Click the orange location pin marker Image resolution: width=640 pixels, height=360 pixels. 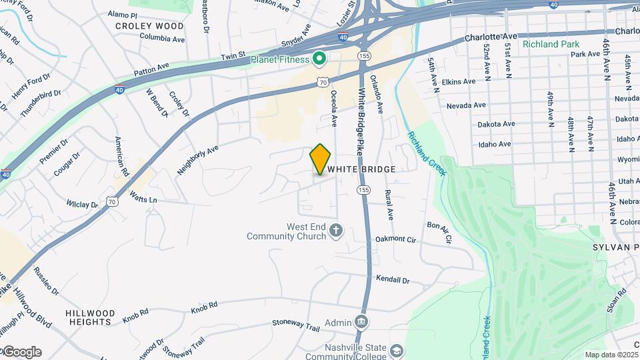(x=320, y=159)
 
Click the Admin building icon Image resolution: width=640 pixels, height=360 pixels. (x=361, y=323)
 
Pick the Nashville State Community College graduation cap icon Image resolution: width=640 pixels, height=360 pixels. (x=397, y=351)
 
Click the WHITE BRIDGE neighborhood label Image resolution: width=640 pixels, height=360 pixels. (x=361, y=170)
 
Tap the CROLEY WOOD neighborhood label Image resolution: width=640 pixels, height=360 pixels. (x=149, y=26)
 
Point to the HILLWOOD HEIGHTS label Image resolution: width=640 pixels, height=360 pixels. (x=91, y=317)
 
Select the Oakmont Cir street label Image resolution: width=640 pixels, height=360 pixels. (x=395, y=239)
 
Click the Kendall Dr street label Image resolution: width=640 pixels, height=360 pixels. (x=393, y=280)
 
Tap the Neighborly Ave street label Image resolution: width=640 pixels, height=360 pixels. (x=198, y=161)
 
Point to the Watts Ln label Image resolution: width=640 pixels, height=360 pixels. (x=143, y=199)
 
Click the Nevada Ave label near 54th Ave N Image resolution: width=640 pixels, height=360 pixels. (x=466, y=105)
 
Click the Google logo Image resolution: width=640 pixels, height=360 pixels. (x=21, y=352)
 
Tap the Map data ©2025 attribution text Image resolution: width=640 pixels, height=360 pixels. (x=611, y=355)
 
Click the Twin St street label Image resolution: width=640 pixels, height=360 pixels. (x=233, y=54)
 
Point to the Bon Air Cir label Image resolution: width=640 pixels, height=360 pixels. (x=439, y=232)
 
